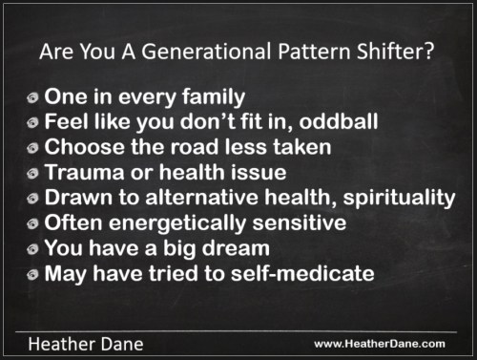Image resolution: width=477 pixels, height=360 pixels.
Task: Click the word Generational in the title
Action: tap(206, 52)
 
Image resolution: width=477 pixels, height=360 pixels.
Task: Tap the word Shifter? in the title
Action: tap(395, 52)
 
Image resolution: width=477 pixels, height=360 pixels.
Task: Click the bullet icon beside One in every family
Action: tap(32, 97)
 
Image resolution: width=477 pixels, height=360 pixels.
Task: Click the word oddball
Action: tap(339, 121)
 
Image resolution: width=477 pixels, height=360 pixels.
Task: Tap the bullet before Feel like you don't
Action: tap(32, 122)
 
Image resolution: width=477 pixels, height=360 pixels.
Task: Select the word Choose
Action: tap(84, 147)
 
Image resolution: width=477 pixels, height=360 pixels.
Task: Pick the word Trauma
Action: tap(84, 172)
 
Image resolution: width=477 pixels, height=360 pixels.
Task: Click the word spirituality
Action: tap(399, 199)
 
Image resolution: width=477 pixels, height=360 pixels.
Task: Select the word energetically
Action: tap(177, 223)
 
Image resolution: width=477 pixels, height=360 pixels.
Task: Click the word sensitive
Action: tap(300, 222)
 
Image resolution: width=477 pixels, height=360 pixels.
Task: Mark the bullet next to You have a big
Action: tap(32, 249)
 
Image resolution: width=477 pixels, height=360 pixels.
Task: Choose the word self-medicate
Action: tap(302, 273)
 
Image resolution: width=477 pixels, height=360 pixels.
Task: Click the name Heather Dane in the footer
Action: tap(86, 345)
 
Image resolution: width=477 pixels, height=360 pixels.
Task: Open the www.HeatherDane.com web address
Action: tap(380, 344)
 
